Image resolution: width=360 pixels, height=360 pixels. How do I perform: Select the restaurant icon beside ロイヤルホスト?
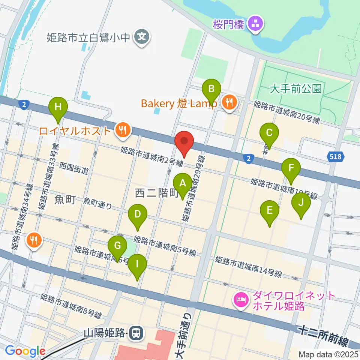(x=122, y=130)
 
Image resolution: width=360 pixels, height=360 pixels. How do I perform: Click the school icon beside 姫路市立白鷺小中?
(x=142, y=37)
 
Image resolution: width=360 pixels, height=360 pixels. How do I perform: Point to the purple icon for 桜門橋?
(x=257, y=24)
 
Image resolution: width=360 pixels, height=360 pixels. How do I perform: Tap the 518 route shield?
(x=335, y=157)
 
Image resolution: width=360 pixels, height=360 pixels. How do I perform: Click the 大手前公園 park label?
(x=296, y=89)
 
